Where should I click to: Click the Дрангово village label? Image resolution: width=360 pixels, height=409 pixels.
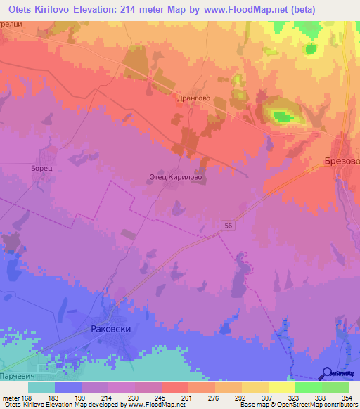195,99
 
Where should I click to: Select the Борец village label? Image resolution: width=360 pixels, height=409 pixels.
42,169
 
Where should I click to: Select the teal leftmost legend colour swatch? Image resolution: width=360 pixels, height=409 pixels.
41,387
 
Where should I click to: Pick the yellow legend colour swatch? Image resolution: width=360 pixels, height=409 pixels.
282,387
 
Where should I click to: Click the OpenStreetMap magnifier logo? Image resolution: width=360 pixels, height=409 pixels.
328,372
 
